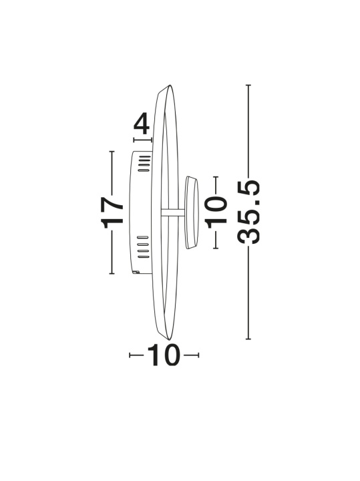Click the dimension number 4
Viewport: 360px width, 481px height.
(x=142, y=124)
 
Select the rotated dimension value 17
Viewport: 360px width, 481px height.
(x=112, y=212)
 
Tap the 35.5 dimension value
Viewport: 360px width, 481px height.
(x=248, y=212)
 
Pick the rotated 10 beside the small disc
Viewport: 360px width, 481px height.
(x=216, y=212)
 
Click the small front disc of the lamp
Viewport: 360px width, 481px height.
(x=191, y=212)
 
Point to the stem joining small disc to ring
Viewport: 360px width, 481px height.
(x=173, y=212)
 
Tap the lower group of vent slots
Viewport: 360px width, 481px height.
(x=142, y=247)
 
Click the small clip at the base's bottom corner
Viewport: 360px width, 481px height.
(x=135, y=271)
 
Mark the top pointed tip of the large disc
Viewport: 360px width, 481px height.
(x=169, y=86)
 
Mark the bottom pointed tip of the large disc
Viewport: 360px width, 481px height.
(x=169, y=339)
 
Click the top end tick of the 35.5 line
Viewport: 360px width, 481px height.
(x=248, y=85)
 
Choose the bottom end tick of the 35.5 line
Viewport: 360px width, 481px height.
(x=248, y=339)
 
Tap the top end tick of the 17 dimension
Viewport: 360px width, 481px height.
(x=112, y=152)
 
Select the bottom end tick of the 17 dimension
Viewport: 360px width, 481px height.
(x=112, y=273)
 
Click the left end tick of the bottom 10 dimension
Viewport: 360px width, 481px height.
(x=130, y=355)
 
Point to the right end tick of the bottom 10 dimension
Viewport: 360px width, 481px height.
(x=198, y=355)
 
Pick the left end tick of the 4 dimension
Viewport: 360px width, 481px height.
(x=134, y=140)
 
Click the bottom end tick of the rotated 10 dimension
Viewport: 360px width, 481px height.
(x=216, y=248)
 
